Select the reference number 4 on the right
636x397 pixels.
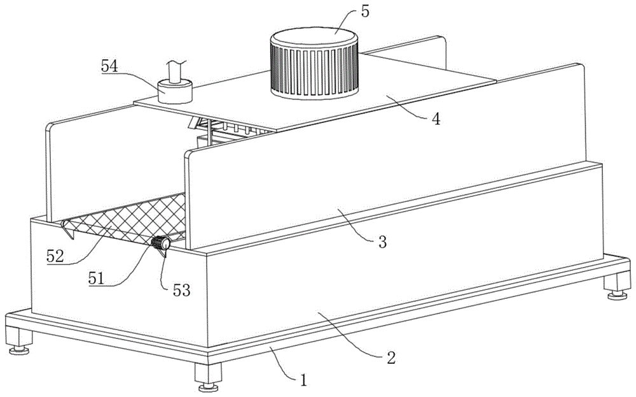point(436,119)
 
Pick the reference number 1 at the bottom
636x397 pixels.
point(304,380)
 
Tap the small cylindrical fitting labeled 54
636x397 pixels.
point(174,91)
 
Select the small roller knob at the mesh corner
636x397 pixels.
point(160,243)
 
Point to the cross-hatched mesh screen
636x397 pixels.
point(127,220)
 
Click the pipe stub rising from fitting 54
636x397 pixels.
point(176,69)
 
